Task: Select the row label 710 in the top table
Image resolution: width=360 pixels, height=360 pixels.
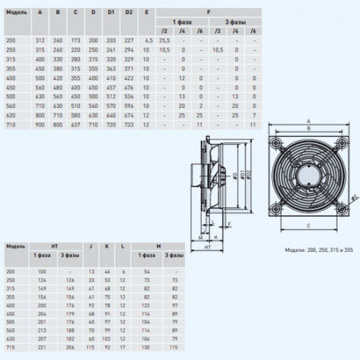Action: pos(11,126)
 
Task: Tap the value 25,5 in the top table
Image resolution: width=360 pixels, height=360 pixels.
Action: pos(165,39)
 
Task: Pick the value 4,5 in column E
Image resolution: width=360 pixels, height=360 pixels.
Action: pos(147,39)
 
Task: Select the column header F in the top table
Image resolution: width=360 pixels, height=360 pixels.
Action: pos(209,12)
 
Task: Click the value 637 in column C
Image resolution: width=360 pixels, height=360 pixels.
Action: pos(76,126)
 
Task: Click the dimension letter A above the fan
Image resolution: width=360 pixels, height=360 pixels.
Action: pos(307,122)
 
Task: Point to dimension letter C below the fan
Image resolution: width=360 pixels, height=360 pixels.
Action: pos(307,226)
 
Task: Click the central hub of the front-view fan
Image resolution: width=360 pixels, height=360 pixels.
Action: pos(308,174)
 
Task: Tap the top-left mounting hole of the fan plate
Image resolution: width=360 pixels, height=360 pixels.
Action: pos(275,139)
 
